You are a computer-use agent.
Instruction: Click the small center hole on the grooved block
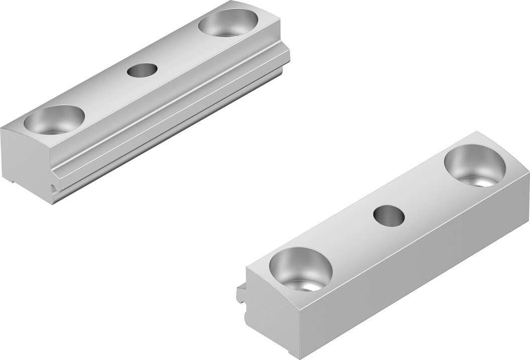coord(142,70)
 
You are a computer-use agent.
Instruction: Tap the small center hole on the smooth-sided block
coord(389,215)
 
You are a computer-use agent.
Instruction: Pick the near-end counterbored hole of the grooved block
coord(54,119)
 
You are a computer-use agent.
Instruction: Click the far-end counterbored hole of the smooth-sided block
coord(475,165)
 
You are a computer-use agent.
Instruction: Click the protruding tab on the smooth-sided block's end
coord(241,294)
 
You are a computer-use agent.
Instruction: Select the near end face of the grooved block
coord(25,161)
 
